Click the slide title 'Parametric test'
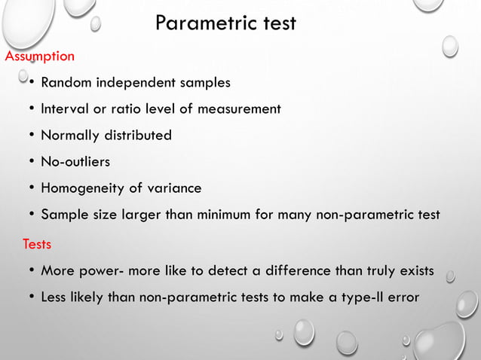[x=225, y=24]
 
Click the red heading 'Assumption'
[x=40, y=56]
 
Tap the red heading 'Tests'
[x=37, y=244]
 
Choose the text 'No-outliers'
[x=76, y=162]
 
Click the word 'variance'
[x=176, y=188]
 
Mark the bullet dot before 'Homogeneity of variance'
[x=32, y=188]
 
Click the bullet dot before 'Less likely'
[x=32, y=297]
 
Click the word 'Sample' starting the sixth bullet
[x=65, y=215]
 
